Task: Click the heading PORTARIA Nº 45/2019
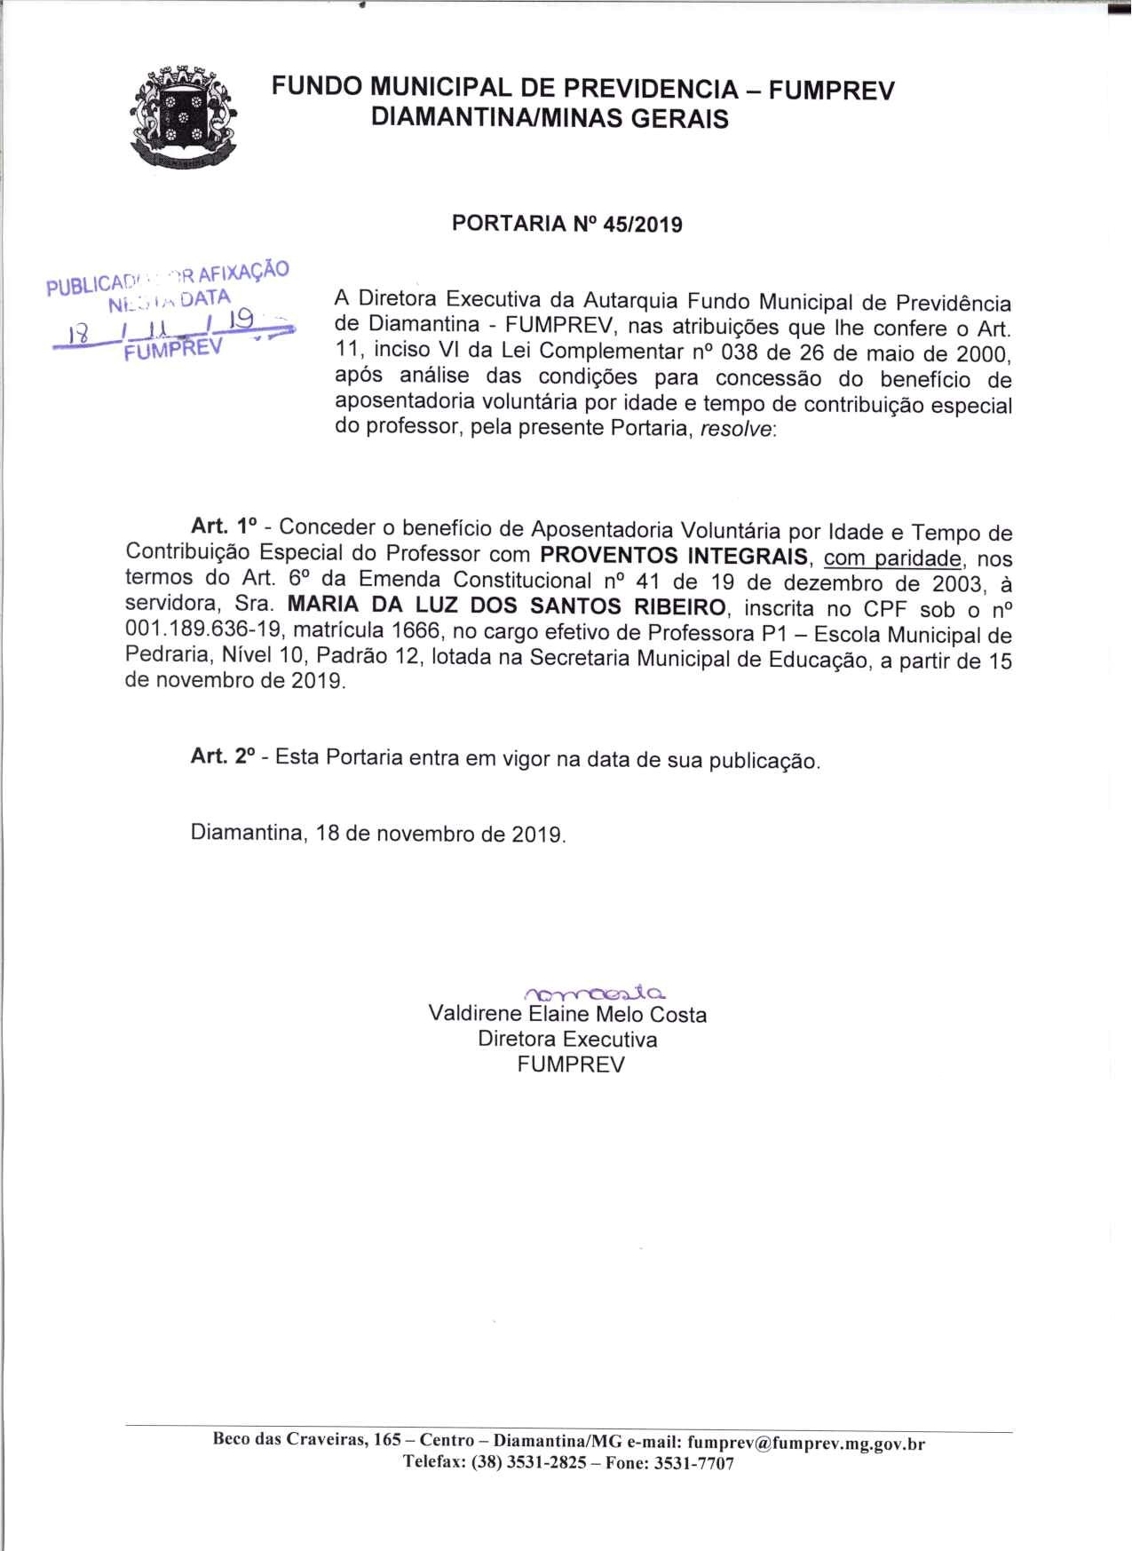[x=566, y=224]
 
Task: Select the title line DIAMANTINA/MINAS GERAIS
[x=549, y=119]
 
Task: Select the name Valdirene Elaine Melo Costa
[x=566, y=1014]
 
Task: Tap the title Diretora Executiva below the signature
[x=566, y=1039]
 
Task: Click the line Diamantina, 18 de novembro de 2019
[x=378, y=835]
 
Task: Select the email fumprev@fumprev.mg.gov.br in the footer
[x=805, y=1443]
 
